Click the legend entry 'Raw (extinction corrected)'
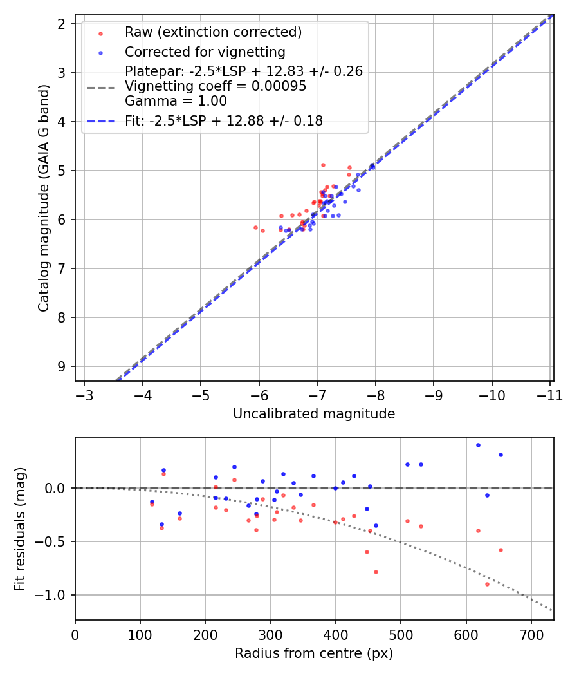[x=213, y=32]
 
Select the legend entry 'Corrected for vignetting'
[x=205, y=52]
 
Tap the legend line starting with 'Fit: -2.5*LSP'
[x=224, y=120]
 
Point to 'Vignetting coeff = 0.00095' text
[x=216, y=86]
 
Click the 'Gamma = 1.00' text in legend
[x=176, y=100]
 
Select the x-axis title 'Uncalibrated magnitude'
[x=314, y=414]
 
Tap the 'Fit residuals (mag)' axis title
[x=21, y=529]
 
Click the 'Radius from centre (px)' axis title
[x=314, y=653]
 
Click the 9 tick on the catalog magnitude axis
[x=62, y=366]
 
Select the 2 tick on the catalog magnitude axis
[x=62, y=24]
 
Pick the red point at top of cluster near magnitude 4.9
[x=323, y=165]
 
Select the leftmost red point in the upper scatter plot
[x=255, y=227]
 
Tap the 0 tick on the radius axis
[x=75, y=635]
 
